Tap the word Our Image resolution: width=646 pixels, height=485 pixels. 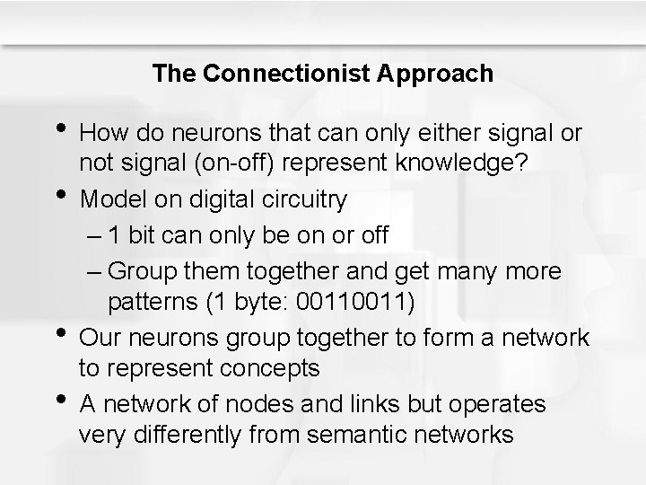[98, 337]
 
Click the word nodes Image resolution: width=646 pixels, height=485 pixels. [258, 403]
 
